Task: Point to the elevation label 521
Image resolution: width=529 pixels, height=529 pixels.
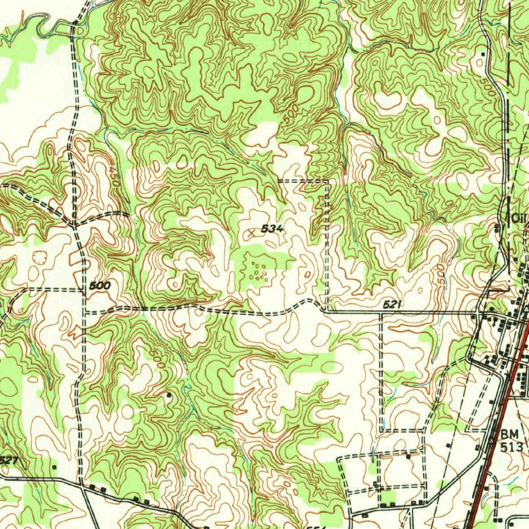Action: tap(393, 305)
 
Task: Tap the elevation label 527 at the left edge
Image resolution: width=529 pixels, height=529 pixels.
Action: tap(8, 459)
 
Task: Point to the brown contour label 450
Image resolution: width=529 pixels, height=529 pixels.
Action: tap(114, 176)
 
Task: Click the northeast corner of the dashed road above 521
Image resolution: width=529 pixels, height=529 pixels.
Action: tap(328, 181)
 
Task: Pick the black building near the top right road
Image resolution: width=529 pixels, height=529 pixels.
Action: tap(484, 54)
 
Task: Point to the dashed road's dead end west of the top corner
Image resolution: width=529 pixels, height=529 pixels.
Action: tap(278, 181)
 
